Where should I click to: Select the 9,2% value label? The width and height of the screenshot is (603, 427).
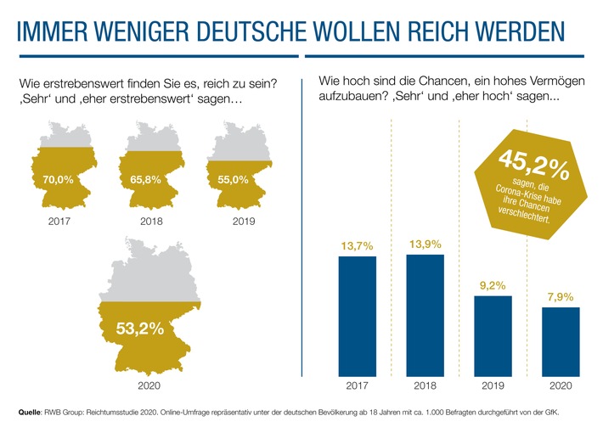493,285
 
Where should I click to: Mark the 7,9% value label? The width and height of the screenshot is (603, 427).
561,296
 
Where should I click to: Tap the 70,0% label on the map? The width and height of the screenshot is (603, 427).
58,180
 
